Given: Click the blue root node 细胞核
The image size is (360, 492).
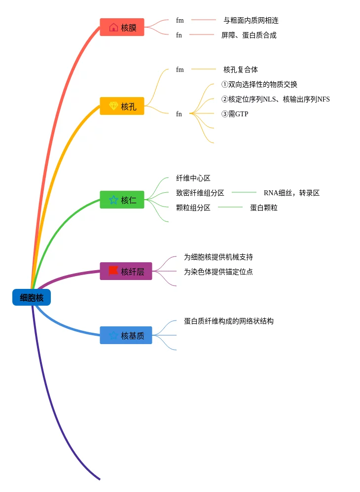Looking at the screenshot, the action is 32,297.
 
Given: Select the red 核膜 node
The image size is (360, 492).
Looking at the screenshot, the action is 122,27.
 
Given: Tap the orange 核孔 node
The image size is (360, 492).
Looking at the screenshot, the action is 122,106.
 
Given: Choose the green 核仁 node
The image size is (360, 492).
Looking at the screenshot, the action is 122,200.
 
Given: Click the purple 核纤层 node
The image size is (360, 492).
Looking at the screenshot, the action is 126,271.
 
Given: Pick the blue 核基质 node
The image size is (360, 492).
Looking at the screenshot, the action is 126,335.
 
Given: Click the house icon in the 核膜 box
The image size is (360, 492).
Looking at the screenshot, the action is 113,27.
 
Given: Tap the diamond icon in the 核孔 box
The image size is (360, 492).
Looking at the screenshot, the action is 113,105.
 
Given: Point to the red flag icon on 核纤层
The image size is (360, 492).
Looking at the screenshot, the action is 113,271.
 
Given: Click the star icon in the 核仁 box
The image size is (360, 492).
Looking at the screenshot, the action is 113,200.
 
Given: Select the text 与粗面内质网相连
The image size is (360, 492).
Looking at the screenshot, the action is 251,20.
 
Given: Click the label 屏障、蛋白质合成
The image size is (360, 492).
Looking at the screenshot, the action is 249,35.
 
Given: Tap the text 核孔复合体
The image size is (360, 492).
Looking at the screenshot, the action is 241,70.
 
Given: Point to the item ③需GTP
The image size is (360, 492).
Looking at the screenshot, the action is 235,114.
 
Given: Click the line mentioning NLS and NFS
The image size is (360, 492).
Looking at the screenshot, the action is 276,99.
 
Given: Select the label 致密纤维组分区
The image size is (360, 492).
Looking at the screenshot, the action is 200,193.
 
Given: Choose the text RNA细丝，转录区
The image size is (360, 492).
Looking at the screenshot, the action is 291,193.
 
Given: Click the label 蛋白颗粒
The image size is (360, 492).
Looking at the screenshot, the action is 264,208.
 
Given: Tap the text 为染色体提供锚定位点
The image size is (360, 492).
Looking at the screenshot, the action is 218,272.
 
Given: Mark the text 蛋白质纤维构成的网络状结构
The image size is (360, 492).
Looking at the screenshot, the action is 228,321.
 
